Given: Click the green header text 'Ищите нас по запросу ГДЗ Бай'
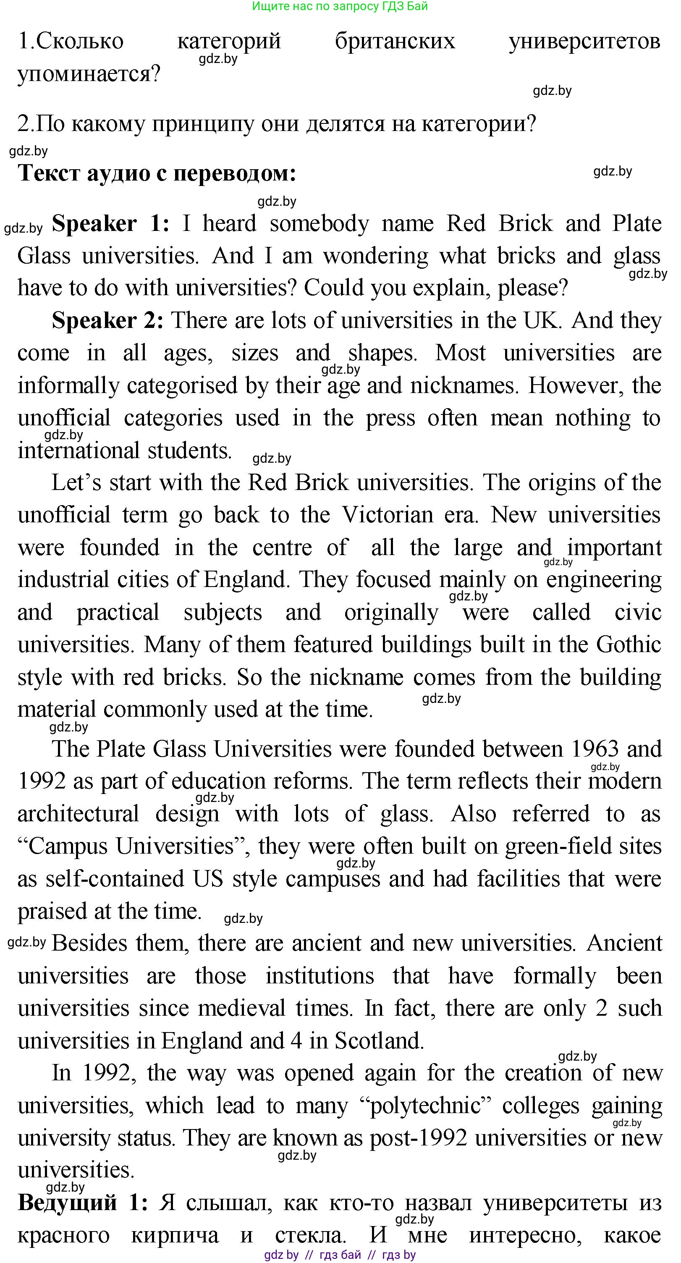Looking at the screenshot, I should coord(340,6).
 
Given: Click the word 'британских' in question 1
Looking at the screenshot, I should coord(395,41).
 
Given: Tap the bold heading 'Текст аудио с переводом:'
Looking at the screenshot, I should coord(157,173).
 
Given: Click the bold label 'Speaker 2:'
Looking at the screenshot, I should coord(107,321).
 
